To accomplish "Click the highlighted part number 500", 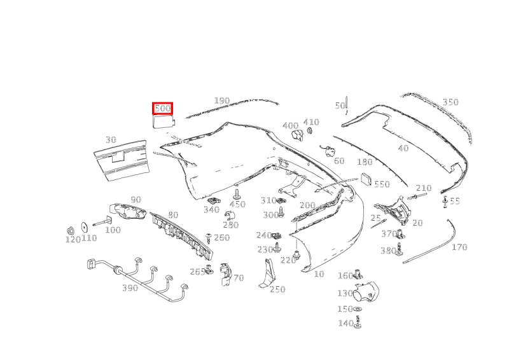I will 162,109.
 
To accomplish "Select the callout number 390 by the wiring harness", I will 130,288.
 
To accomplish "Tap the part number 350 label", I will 450,102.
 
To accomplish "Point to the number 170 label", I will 459,247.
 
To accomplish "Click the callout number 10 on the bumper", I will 319,274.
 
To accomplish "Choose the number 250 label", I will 277,289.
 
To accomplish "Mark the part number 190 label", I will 221,101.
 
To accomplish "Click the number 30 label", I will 111,140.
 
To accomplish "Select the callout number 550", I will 381,184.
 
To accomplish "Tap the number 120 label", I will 73,240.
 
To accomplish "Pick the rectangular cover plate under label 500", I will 163,122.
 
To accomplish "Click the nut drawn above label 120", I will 72,229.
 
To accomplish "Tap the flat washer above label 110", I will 84,226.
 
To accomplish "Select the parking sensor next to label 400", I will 297,135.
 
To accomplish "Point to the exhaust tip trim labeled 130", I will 368,292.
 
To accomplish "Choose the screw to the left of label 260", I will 208,238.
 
